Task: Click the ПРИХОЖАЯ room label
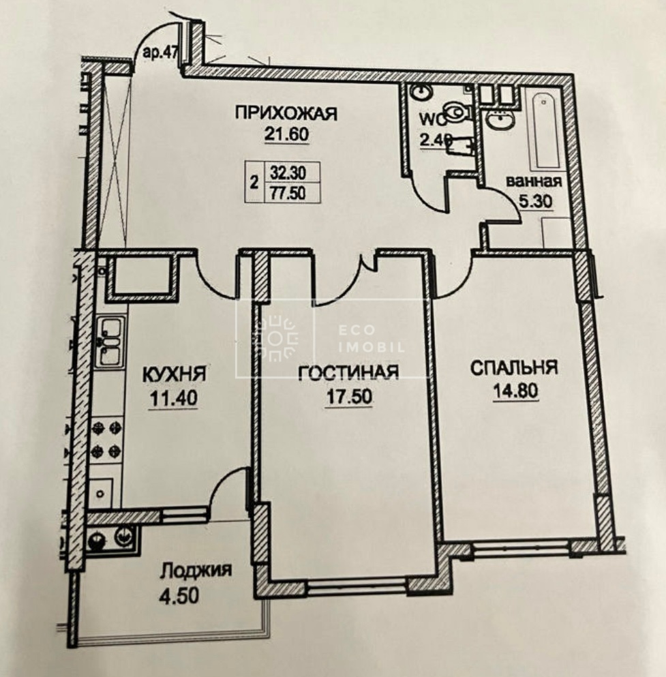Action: pos(286,114)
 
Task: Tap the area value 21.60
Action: pos(286,134)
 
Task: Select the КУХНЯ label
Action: pos(174,374)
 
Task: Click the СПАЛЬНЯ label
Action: pos(514,368)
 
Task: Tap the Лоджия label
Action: pos(196,571)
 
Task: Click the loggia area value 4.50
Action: pos(179,596)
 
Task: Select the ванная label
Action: pos(534,181)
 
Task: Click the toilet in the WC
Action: pos(457,112)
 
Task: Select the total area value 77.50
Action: pos(288,192)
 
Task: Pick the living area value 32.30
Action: pos(288,172)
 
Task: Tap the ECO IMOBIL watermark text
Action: pos(372,340)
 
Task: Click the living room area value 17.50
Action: pos(350,396)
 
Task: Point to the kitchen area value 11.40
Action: pos(174,397)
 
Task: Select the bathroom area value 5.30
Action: pos(535,201)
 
